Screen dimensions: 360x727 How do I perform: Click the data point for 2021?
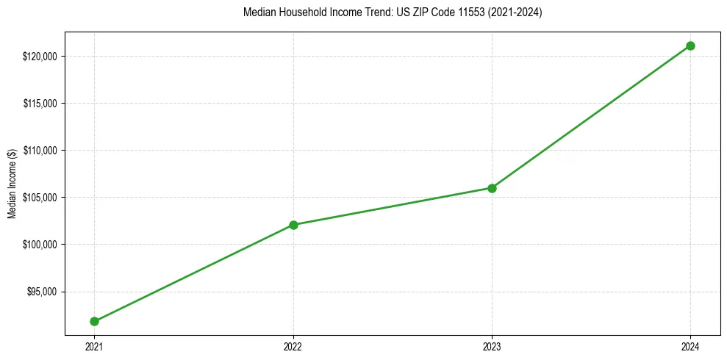click(x=95, y=321)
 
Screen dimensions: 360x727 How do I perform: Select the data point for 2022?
click(x=293, y=225)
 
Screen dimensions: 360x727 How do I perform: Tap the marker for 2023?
click(x=492, y=188)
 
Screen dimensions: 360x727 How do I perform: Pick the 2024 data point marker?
click(x=690, y=46)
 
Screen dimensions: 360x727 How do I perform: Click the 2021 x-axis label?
click(x=95, y=346)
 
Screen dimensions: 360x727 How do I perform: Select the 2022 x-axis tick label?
click(x=293, y=346)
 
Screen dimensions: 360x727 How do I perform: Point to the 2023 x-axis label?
click(x=492, y=346)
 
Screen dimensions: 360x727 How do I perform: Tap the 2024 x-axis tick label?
click(x=690, y=346)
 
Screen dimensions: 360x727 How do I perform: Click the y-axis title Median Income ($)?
click(x=12, y=184)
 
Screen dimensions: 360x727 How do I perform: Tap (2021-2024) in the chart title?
click(x=515, y=12)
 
